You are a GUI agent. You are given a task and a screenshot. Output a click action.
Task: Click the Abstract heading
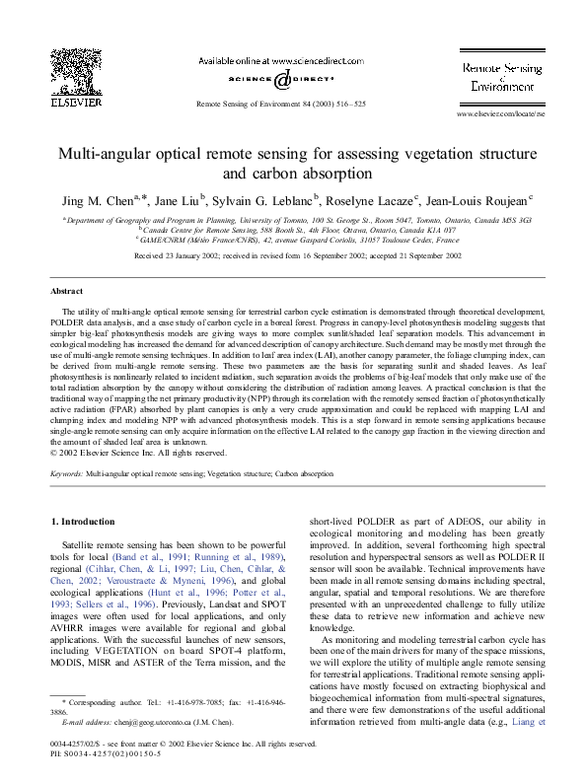tap(67, 292)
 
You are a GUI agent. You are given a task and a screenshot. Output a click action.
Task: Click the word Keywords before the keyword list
tap(67, 474)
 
